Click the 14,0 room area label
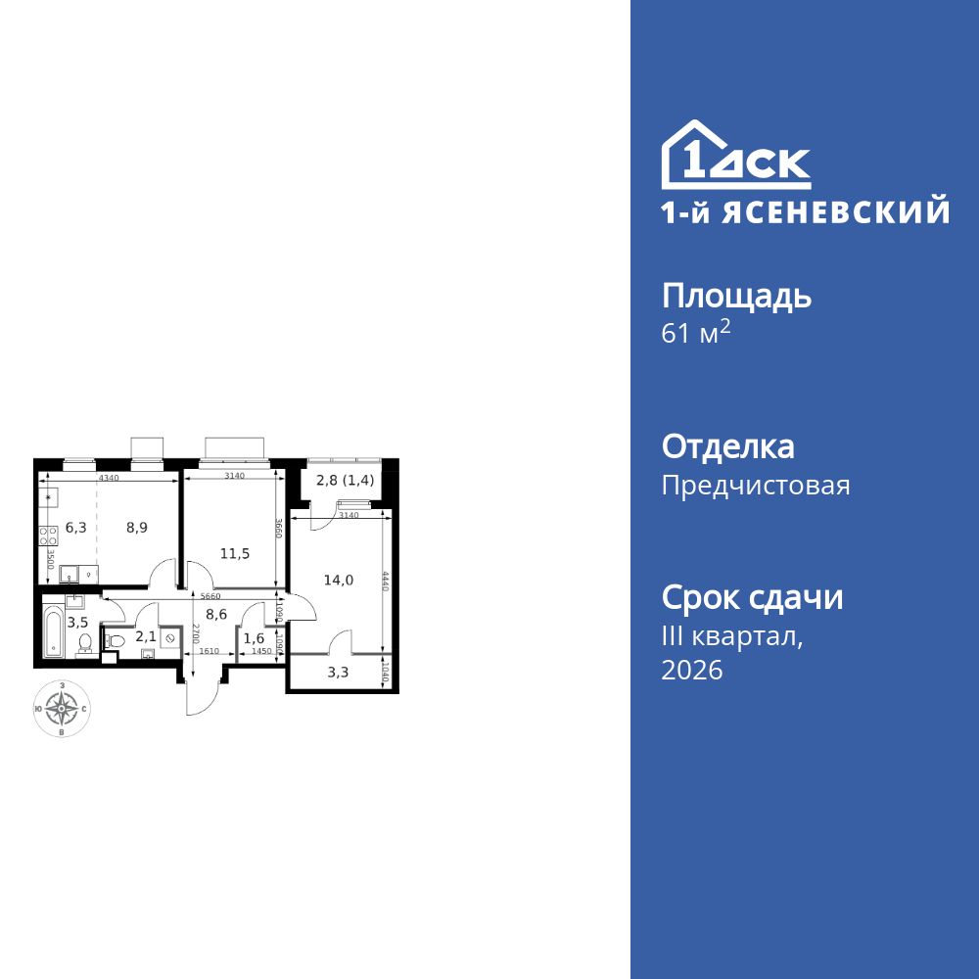point(338,580)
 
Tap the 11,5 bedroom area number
point(234,553)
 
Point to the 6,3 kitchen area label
point(76,528)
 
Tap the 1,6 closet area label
point(254,638)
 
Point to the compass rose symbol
point(63,707)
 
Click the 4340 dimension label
point(109,478)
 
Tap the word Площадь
point(736,296)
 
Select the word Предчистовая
point(756,486)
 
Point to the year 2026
point(692,671)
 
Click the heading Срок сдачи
point(752,597)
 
